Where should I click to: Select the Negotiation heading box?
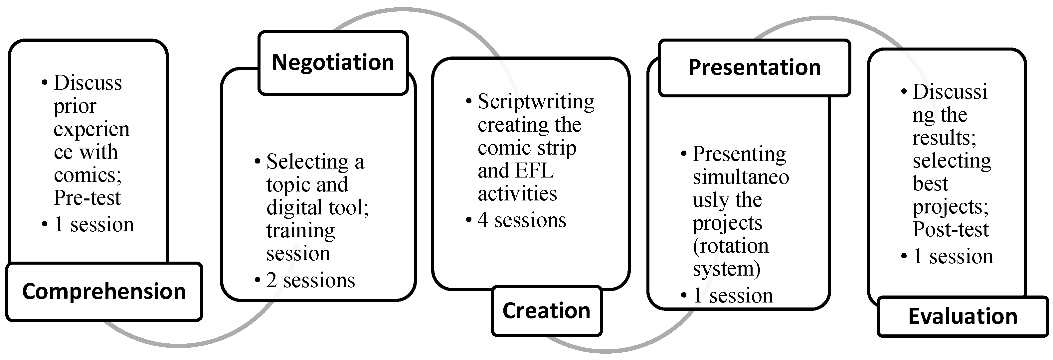[333, 62]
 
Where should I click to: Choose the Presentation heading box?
[754, 67]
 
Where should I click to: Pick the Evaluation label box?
[963, 316]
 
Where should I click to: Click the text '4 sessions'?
[522, 220]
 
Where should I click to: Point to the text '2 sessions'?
[310, 280]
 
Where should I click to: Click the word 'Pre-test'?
[87, 198]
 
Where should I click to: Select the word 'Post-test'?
[951, 230]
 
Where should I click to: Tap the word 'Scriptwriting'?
[536, 102]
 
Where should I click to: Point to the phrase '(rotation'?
[731, 246]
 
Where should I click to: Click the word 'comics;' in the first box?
[88, 175]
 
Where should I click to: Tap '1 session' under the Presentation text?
[733, 296]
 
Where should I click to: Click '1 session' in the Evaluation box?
[953, 257]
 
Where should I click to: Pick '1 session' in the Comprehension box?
[93, 225]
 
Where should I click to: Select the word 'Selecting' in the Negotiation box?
[307, 162]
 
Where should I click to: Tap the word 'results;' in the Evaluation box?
[944, 138]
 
